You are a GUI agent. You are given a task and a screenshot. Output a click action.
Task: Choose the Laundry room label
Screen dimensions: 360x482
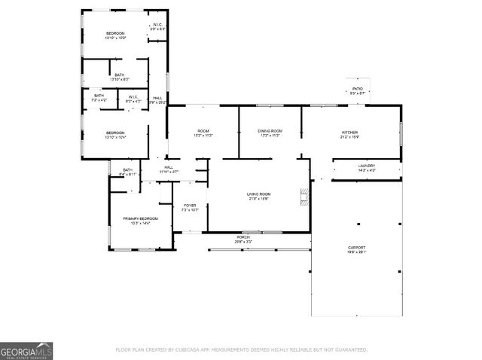click(367, 168)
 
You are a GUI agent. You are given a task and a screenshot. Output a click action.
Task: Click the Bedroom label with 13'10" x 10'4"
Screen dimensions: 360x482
click(115, 135)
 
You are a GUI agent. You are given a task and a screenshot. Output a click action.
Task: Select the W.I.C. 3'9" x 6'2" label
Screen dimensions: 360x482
click(157, 27)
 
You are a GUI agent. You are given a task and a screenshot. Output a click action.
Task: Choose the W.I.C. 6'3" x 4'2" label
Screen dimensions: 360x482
click(132, 98)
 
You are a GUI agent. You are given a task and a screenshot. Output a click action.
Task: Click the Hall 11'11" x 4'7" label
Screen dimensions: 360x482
click(169, 169)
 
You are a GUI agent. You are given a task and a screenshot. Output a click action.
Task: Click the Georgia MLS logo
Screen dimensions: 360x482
click(26, 352)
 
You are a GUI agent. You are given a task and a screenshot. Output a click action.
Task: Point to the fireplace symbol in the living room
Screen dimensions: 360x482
click(304, 197)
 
